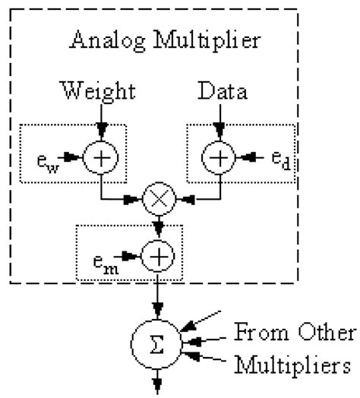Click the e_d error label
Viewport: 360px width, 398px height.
281,160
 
